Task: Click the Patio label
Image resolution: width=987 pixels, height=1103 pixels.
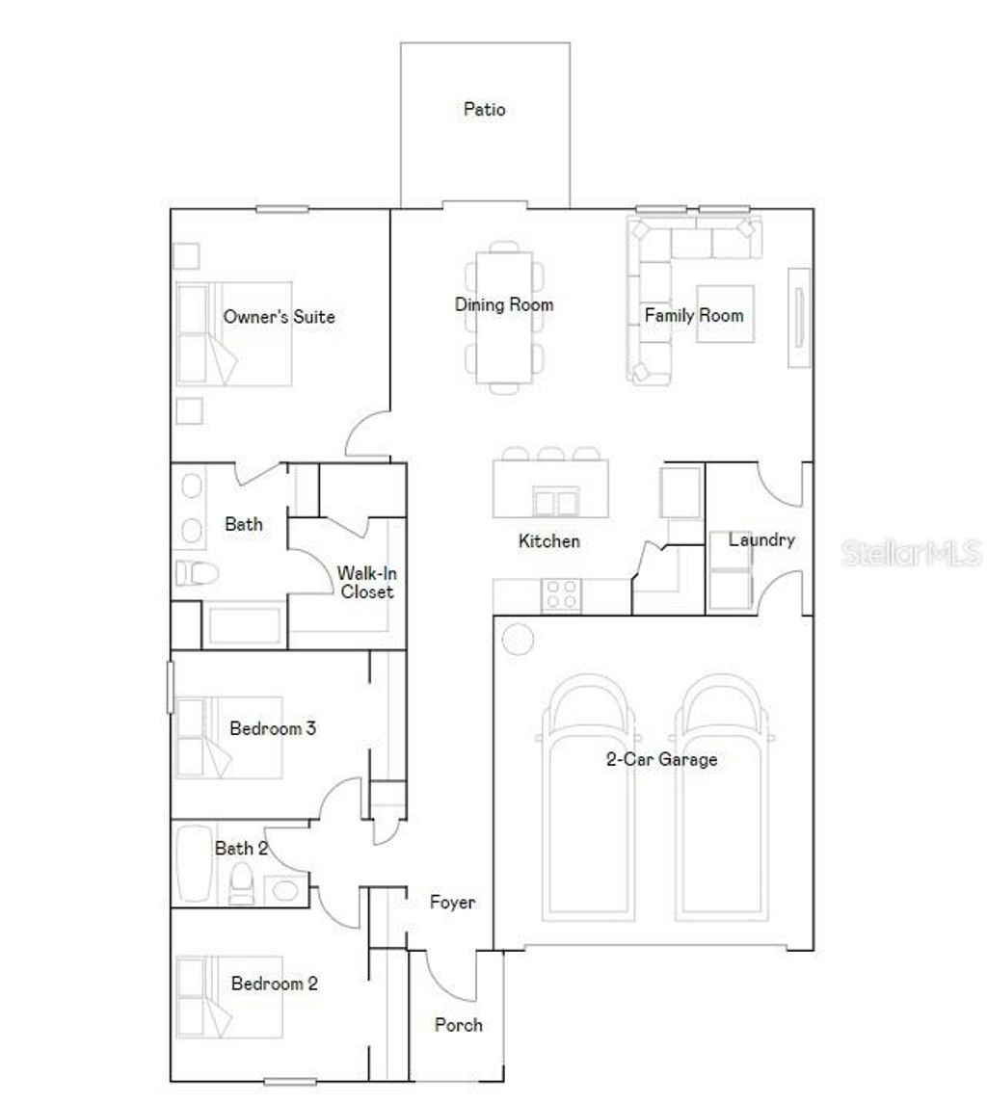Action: coord(484,110)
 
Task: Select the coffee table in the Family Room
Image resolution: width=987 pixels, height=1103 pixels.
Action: coord(725,314)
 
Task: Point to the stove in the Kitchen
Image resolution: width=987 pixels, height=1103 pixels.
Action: coord(562,594)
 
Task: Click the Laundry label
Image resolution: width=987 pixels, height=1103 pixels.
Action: coord(760,540)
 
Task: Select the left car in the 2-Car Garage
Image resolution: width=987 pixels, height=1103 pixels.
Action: coord(588,800)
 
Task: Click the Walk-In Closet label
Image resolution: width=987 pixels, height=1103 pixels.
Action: coord(365,583)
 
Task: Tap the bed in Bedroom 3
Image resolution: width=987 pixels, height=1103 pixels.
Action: coord(229,737)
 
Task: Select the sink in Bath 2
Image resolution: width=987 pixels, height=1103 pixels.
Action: coord(285,889)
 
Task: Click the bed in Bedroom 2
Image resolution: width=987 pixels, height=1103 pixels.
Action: coord(229,996)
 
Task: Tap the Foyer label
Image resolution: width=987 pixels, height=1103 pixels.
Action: coord(452,903)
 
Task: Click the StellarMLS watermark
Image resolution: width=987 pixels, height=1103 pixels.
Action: coord(912,553)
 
